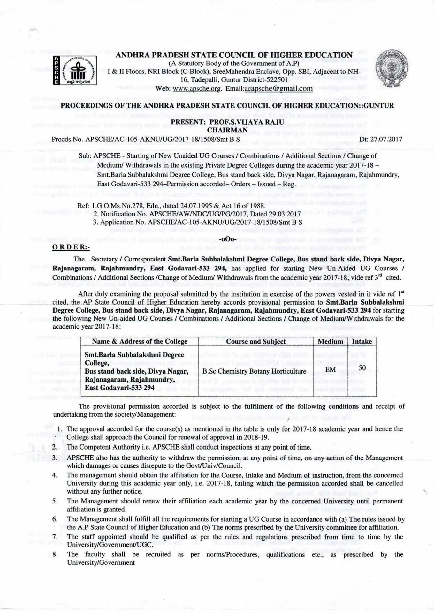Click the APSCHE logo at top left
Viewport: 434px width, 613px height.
coord(75,70)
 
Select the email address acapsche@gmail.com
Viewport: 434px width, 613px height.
coord(276,88)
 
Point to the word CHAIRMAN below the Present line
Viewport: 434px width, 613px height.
coord(227,130)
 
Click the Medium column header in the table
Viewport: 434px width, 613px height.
coord(330,341)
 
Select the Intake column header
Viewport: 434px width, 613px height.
coord(362,341)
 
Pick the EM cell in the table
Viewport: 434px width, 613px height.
coord(330,370)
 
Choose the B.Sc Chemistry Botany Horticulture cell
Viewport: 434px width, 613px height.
coord(254,371)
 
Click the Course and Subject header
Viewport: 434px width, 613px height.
coord(256,341)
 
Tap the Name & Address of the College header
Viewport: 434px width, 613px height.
coord(140,341)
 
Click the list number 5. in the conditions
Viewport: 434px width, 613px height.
coord(55,501)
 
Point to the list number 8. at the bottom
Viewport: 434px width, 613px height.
coord(55,555)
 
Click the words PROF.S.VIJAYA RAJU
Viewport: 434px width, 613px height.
coord(246,122)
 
